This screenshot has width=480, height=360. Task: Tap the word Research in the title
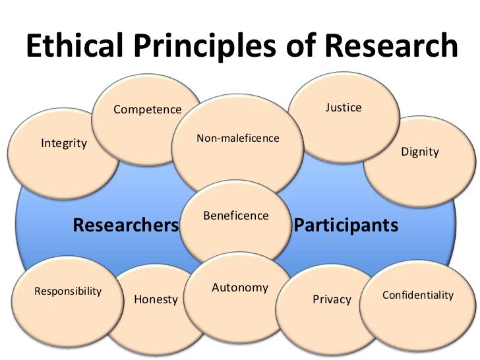tap(392, 46)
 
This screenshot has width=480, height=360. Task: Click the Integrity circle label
tap(64, 142)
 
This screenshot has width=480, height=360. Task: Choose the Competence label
tap(147, 109)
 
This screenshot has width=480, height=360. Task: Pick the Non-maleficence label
tap(238, 138)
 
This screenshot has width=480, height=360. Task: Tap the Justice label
tap(344, 107)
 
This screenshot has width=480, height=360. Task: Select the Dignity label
tap(420, 152)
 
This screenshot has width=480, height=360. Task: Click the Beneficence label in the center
tap(236, 216)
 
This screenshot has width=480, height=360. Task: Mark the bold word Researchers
tap(126, 225)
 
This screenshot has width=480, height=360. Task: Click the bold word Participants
tap(346, 225)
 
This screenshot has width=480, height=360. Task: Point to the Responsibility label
tap(68, 291)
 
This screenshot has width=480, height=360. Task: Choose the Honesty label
tap(156, 299)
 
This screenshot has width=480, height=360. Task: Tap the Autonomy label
tap(240, 287)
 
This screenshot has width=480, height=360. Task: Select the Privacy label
tap(332, 299)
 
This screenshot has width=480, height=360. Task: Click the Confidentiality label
tap(418, 295)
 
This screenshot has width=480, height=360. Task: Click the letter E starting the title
tap(34, 46)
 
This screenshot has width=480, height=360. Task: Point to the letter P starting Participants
tap(299, 225)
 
